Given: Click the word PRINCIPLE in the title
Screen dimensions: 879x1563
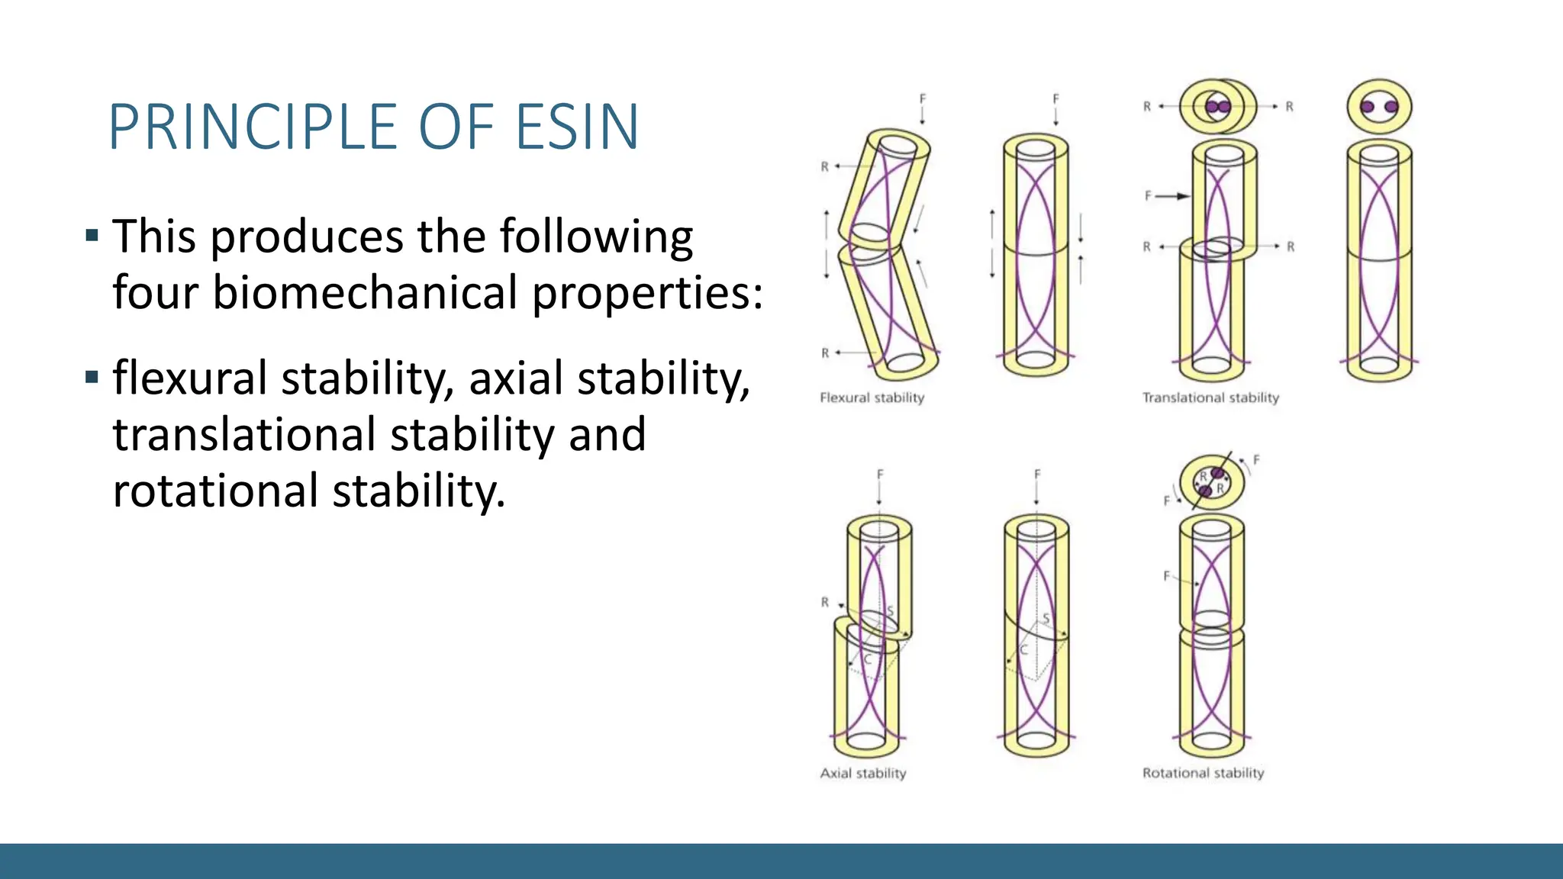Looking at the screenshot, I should (253, 127).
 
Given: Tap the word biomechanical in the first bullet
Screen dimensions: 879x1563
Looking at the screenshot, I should (366, 293).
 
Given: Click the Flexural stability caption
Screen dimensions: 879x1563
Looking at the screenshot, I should (872, 398).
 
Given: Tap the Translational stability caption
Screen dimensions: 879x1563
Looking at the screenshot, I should (1210, 398).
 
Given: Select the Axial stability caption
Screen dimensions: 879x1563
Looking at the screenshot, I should (863, 773).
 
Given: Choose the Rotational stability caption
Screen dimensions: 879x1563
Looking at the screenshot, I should (1203, 773).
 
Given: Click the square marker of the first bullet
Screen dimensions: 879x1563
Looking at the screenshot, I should (92, 235).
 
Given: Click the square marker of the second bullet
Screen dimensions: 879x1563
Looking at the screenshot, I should (92, 377).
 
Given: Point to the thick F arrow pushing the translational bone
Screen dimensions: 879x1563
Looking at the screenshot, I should (1172, 196).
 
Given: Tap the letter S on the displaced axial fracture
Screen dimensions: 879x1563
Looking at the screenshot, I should (890, 612).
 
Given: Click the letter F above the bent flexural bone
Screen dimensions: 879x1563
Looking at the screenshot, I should (922, 98).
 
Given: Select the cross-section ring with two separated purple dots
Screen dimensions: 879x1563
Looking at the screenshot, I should (1379, 107).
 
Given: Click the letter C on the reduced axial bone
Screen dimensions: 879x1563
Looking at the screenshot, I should (1024, 650).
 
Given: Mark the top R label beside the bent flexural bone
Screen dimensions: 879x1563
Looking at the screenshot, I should (824, 166).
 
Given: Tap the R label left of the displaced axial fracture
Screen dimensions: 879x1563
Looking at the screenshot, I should (825, 602).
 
